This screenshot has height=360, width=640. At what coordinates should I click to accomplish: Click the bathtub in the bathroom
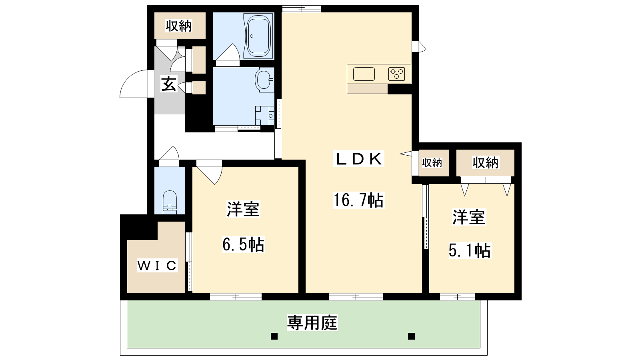[258, 36]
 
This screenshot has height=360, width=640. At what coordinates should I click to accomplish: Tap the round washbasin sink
[264, 80]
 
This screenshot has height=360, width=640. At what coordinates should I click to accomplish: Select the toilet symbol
[170, 202]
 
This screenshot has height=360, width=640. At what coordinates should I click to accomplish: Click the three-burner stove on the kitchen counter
[396, 74]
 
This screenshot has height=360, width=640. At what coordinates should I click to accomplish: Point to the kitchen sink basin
[364, 74]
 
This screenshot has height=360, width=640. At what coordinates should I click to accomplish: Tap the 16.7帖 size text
[358, 200]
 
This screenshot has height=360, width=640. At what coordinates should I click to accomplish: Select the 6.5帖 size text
[243, 244]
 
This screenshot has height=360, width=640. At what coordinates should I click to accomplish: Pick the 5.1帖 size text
[470, 250]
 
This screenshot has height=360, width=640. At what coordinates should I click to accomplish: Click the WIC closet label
[158, 266]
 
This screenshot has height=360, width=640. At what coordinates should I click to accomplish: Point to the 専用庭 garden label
[312, 322]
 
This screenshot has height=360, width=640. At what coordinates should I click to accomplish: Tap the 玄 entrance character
[169, 84]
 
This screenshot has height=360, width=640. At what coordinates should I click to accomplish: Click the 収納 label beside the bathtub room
[178, 26]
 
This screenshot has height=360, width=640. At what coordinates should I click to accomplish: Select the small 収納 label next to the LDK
[432, 163]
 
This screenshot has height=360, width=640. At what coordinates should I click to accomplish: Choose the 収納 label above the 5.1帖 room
[485, 163]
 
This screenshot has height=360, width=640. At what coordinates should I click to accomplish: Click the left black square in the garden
[274, 336]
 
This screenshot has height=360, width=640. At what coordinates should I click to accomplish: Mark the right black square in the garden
[411, 336]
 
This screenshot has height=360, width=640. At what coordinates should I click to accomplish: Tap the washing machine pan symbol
[264, 116]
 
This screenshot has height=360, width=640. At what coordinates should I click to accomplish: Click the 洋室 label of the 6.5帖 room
[243, 209]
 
